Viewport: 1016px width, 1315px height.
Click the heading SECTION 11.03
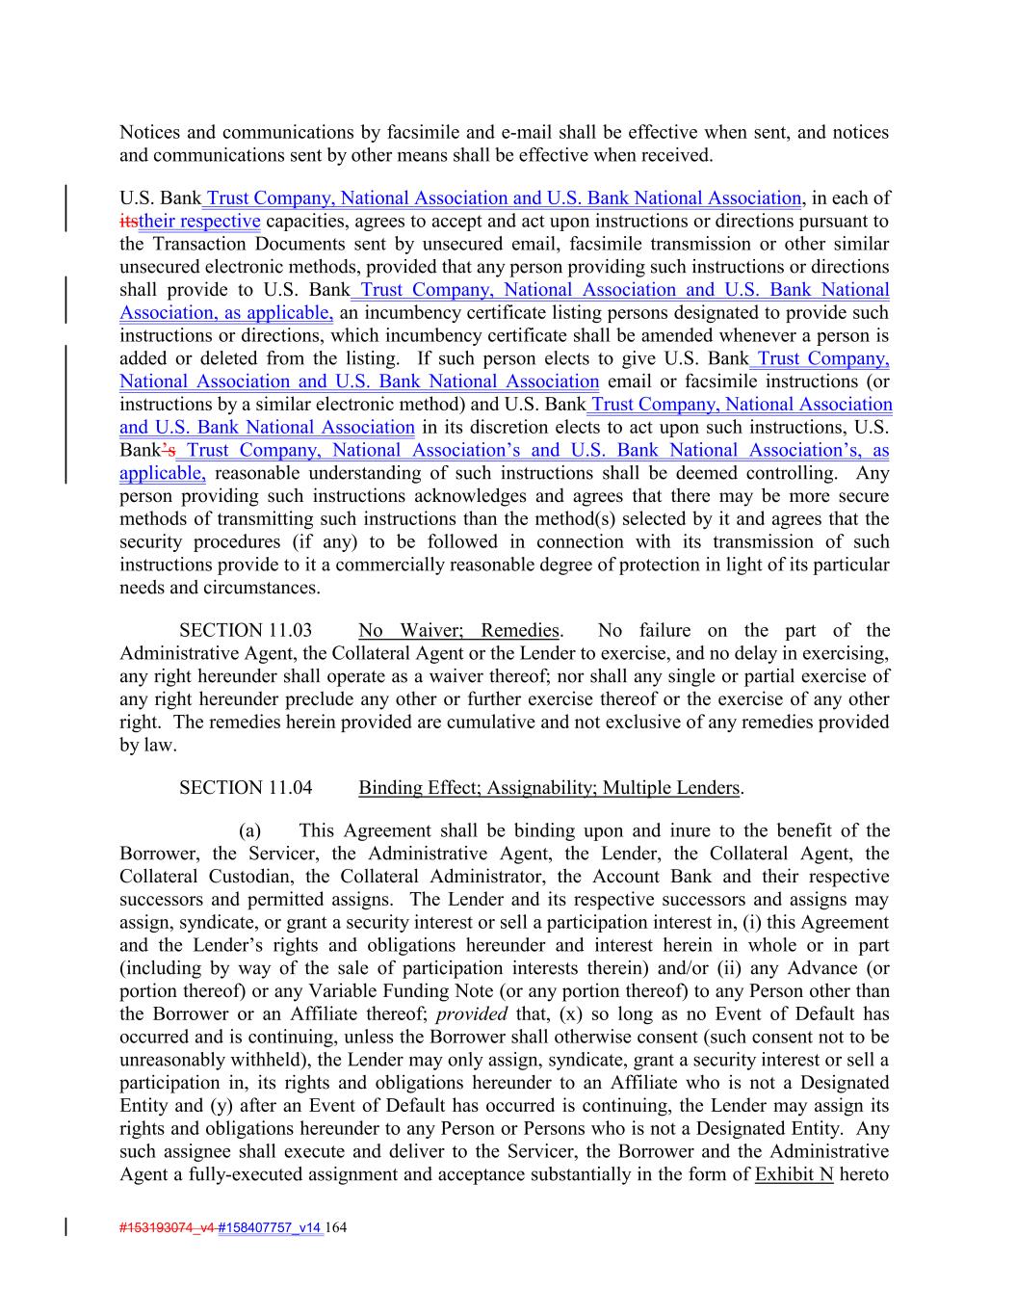click(246, 631)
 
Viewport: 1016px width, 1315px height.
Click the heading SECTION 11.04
click(246, 788)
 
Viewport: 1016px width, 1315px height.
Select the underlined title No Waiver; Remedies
click(458, 631)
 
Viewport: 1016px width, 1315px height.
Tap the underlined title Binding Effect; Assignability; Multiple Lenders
click(549, 788)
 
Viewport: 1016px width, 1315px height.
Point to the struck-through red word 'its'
click(129, 222)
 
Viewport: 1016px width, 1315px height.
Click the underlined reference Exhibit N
click(794, 1174)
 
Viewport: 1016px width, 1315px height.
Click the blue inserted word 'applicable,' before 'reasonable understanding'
click(163, 473)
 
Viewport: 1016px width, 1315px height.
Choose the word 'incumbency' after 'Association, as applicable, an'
click(409, 313)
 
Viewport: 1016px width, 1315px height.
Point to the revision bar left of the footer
click(66, 1227)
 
